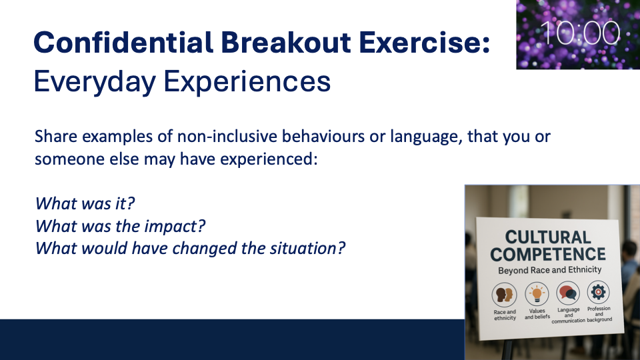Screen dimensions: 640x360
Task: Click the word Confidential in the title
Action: [x=123, y=42]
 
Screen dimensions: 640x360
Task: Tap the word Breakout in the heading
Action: [x=286, y=42]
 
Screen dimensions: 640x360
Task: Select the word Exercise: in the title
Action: [x=425, y=42]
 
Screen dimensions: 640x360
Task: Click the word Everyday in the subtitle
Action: [x=95, y=82]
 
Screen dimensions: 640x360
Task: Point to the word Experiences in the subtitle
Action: [x=247, y=82]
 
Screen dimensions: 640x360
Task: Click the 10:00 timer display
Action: [x=580, y=33]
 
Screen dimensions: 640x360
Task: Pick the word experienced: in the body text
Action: [x=269, y=159]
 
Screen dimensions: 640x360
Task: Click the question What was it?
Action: [x=85, y=203]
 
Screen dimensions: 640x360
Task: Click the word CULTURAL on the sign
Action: [x=548, y=237]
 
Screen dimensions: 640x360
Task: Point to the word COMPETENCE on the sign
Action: [x=548, y=254]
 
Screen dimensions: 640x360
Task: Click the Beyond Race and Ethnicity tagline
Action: [x=550, y=270]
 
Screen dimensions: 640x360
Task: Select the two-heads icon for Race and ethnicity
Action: [x=505, y=295]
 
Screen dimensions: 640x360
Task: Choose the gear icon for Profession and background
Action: [x=599, y=292]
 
